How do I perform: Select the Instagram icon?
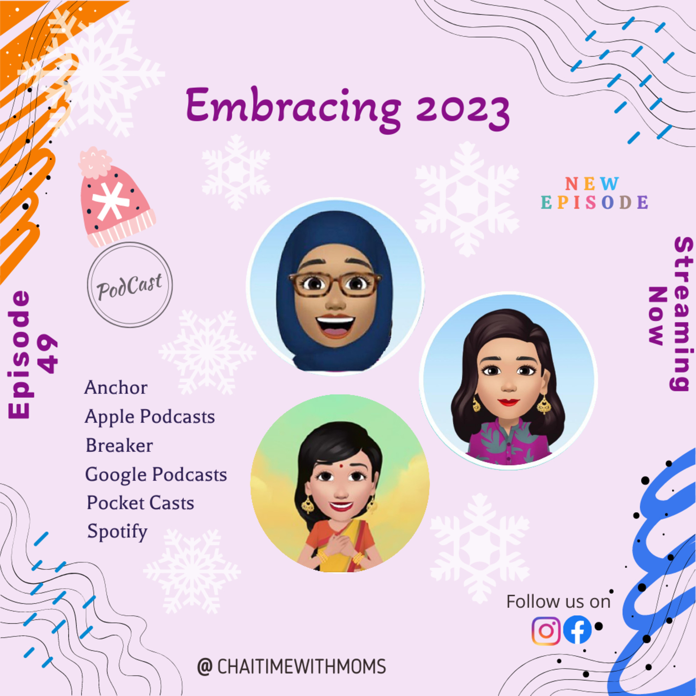[546, 630]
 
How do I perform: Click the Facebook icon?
[577, 630]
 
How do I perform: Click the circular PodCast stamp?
[130, 285]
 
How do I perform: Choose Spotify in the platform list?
[117, 531]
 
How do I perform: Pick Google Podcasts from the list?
[156, 474]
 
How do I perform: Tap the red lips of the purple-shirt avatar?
[509, 402]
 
